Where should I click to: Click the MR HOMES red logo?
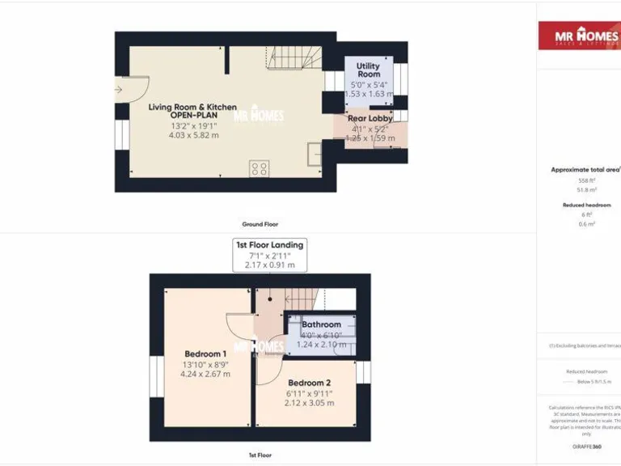point(580,36)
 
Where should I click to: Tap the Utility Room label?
point(368,70)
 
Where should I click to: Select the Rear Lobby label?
point(370,118)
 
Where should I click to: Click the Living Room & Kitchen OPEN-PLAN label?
point(192,111)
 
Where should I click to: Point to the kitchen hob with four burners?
point(260,168)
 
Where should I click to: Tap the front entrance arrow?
point(119,89)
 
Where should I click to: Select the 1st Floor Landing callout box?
point(269,254)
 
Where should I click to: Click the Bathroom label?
point(321,324)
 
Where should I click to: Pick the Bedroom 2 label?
point(309,383)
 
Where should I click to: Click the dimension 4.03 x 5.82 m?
point(193,135)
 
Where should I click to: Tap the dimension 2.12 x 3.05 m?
point(309,403)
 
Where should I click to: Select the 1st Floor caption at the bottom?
point(260,455)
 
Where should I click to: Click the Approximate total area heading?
point(585,170)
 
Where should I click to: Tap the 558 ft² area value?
point(585,180)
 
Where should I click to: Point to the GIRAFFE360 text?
point(586,447)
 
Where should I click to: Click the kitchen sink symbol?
point(314,154)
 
